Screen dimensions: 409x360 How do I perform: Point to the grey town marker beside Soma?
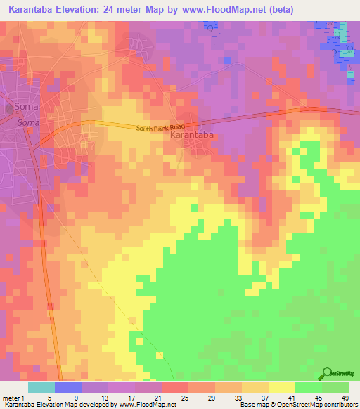tap(9, 107)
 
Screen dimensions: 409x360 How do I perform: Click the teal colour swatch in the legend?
tap(41, 387)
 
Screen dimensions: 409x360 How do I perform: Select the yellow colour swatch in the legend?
tap(281, 387)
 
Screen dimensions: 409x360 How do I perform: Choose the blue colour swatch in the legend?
tap(67, 387)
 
